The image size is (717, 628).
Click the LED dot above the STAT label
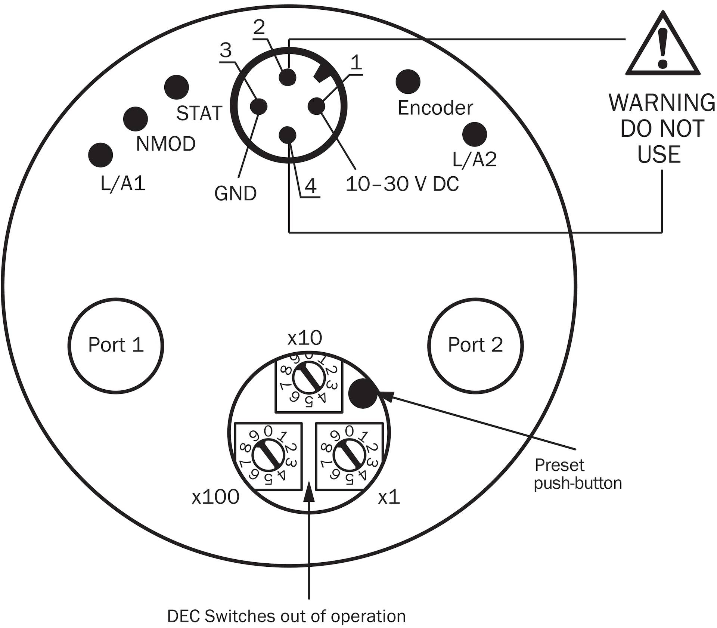pyautogui.click(x=177, y=87)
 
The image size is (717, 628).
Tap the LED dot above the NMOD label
pyautogui.click(x=136, y=119)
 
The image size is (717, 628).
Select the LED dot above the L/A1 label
pyautogui.click(x=100, y=155)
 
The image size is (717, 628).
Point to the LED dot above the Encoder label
pyautogui.click(x=408, y=81)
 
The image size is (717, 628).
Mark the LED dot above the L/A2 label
pyautogui.click(x=475, y=134)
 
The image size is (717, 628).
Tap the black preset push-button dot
pyautogui.click(x=363, y=393)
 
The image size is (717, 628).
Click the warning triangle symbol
pyautogui.click(x=662, y=49)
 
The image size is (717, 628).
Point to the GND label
pyautogui.click(x=235, y=194)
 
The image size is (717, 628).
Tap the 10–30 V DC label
pyautogui.click(x=402, y=184)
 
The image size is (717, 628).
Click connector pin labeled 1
pyautogui.click(x=317, y=106)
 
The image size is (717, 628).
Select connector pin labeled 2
pyautogui.click(x=288, y=77)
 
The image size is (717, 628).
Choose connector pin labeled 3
pyautogui.click(x=259, y=106)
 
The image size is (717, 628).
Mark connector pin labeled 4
pyautogui.click(x=288, y=135)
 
